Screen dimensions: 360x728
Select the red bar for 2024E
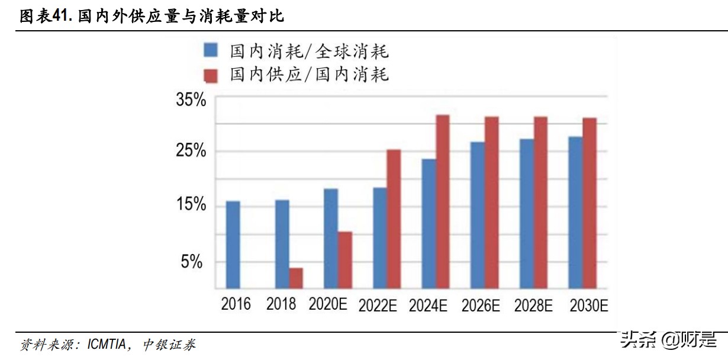(x=443, y=201)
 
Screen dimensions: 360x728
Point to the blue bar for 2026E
(x=478, y=215)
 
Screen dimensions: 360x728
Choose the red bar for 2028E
(x=540, y=202)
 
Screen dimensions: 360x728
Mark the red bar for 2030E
(x=590, y=203)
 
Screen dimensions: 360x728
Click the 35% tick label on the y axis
(x=191, y=99)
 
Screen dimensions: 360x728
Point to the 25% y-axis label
(x=191, y=151)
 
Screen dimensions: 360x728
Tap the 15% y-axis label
(x=191, y=205)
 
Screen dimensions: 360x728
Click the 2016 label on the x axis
(x=236, y=304)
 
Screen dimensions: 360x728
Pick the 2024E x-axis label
(x=427, y=306)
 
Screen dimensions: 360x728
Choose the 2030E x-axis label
(x=588, y=306)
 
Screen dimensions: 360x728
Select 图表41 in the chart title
(x=46, y=16)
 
